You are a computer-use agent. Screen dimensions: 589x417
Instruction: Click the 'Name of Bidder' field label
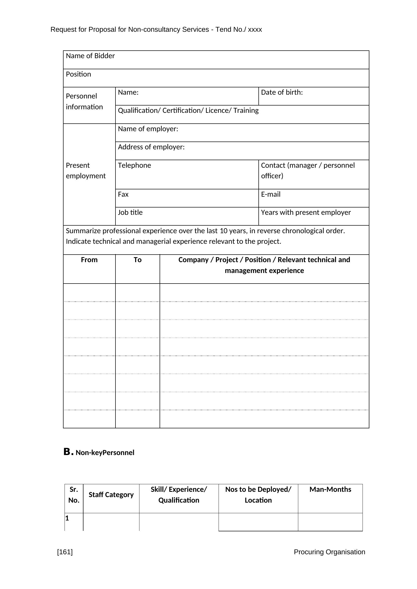click(90, 56)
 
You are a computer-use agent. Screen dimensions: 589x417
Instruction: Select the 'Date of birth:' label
click(282, 92)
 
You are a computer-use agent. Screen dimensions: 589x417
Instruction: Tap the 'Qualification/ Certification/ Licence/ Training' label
click(188, 111)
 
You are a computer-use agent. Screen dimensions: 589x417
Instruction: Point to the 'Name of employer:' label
click(148, 129)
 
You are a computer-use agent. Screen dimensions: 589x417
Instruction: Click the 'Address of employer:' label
click(151, 147)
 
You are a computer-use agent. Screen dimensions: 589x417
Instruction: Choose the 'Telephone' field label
click(134, 165)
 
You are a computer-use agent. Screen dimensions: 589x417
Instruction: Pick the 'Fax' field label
click(123, 194)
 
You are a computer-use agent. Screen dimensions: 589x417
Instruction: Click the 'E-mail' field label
click(271, 194)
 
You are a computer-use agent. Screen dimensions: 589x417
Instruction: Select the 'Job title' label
click(130, 213)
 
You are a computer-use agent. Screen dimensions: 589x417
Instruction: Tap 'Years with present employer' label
click(306, 213)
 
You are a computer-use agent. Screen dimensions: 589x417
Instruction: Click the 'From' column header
click(89, 260)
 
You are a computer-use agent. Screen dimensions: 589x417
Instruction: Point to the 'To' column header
click(137, 260)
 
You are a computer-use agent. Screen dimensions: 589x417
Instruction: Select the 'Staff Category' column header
click(111, 495)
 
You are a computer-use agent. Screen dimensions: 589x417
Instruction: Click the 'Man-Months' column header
click(330, 490)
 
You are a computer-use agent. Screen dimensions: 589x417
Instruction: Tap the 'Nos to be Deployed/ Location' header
click(258, 495)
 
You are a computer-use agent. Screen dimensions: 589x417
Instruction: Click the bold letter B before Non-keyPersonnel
click(67, 452)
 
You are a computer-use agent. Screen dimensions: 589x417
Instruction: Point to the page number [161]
click(65, 552)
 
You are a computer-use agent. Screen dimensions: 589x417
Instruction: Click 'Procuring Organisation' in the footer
click(329, 552)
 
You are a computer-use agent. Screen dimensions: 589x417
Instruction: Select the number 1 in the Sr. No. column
click(67, 518)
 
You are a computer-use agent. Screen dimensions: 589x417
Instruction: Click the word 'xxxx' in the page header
click(255, 30)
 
